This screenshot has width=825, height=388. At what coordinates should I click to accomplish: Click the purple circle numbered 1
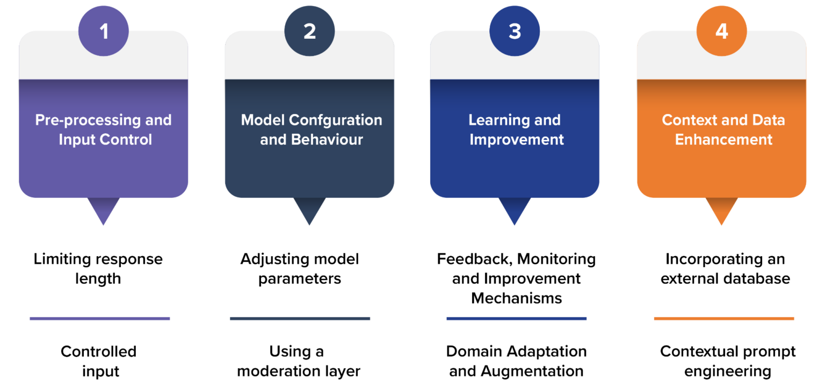click(x=104, y=31)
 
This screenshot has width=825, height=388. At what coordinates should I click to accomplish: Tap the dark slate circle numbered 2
click(x=309, y=31)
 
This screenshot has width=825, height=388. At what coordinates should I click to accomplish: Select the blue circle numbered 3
click(x=515, y=31)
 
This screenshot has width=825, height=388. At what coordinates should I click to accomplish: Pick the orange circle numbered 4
click(x=721, y=31)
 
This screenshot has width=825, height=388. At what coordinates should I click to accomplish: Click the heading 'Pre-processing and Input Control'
click(x=104, y=130)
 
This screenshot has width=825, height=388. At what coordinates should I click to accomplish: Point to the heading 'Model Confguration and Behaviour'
click(x=311, y=130)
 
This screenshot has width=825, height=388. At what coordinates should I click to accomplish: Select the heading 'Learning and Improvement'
click(x=515, y=130)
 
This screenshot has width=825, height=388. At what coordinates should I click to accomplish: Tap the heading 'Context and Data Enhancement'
click(x=723, y=130)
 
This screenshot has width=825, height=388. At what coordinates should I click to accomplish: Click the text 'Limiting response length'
click(x=98, y=269)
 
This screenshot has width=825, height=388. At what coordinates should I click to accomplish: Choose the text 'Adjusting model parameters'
click(x=299, y=269)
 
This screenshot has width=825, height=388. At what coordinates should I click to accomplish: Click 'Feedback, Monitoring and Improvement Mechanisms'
click(x=516, y=278)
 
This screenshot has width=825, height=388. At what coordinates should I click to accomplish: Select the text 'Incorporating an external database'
click(x=725, y=269)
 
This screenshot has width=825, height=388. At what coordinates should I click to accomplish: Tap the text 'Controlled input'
click(x=99, y=361)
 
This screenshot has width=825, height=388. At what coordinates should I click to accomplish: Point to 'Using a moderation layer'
click(x=298, y=361)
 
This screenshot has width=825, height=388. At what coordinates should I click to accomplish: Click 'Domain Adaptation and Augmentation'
click(x=516, y=361)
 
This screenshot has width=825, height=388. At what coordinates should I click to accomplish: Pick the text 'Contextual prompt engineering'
click(x=728, y=361)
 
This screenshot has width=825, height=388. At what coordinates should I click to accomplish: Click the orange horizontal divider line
click(x=724, y=318)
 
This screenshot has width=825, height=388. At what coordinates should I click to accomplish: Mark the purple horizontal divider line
click(x=100, y=318)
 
